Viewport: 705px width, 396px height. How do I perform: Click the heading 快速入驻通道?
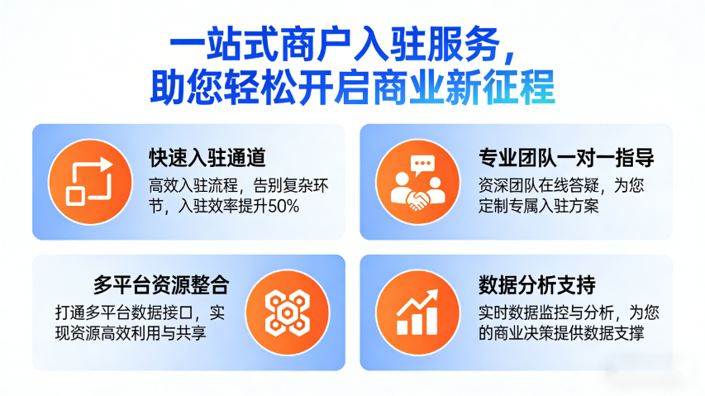click(x=207, y=156)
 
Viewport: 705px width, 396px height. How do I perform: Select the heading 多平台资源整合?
click(x=160, y=286)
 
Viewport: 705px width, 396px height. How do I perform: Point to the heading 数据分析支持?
click(x=536, y=286)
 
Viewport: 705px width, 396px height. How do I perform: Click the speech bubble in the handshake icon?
click(x=424, y=165)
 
